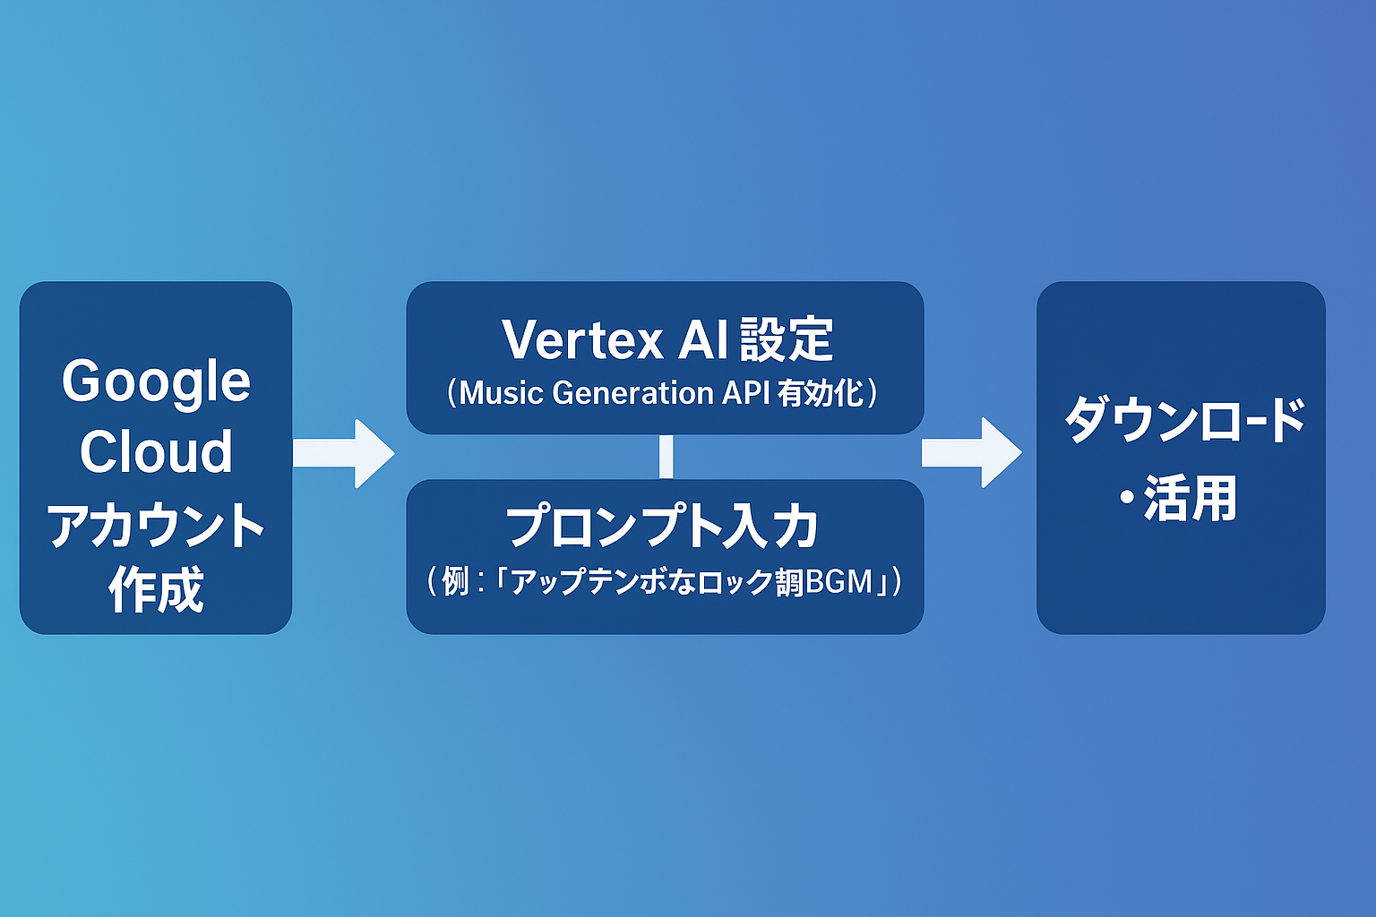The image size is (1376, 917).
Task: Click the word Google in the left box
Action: [x=156, y=382]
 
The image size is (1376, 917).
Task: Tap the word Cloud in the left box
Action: [x=156, y=451]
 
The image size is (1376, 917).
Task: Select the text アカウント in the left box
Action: [x=156, y=525]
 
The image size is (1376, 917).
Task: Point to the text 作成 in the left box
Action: [x=156, y=589]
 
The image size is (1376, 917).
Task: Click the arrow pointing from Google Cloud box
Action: [x=344, y=453]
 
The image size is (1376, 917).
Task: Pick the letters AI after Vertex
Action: [x=703, y=340]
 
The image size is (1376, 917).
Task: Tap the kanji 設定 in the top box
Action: [x=787, y=340]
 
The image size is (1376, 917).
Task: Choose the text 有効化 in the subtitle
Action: [x=821, y=393]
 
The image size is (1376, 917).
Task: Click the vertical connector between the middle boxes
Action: [x=666, y=457]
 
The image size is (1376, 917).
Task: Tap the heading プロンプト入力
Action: [x=663, y=527]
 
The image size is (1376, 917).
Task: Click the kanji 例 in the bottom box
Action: [x=455, y=582]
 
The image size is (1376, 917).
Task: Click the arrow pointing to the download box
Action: [x=973, y=452]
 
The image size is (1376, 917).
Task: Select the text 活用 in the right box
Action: [x=1191, y=499]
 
